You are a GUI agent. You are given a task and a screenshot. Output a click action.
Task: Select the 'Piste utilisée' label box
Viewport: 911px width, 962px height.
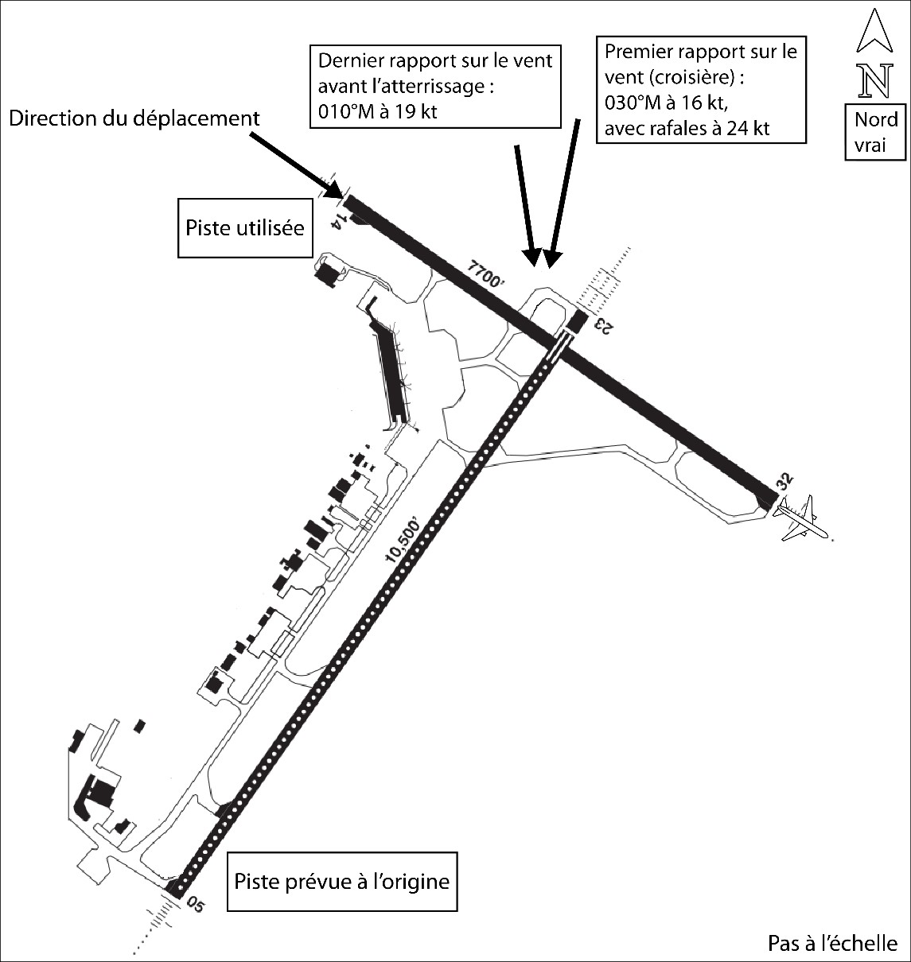(x=245, y=228)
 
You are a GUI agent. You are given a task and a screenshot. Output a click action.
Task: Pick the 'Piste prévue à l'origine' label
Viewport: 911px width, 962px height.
(x=342, y=882)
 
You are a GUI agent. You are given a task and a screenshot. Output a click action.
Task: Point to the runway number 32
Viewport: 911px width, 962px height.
(x=785, y=481)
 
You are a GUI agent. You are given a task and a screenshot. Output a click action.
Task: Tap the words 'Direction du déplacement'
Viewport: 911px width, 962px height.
(x=134, y=118)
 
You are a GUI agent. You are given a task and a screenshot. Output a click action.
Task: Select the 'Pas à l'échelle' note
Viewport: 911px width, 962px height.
(x=832, y=943)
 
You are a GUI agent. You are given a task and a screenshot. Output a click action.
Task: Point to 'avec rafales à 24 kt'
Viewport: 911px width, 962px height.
(x=687, y=128)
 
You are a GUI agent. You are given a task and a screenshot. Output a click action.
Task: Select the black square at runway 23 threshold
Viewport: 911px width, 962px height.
(x=577, y=321)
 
